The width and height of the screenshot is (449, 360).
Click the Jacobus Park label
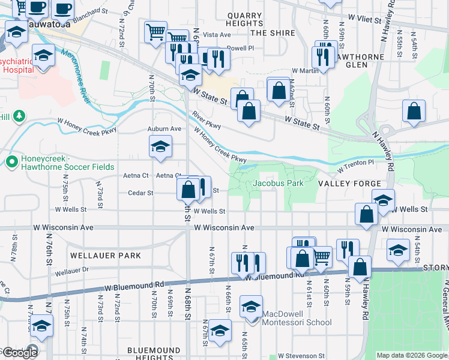278,183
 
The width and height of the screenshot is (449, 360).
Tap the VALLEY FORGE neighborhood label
349,184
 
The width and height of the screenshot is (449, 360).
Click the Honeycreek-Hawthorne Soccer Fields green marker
11,161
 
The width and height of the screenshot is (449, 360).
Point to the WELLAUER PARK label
105,256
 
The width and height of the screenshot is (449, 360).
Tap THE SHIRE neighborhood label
271,33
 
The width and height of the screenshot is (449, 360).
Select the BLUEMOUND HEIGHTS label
154,353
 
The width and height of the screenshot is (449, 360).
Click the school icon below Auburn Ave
160,148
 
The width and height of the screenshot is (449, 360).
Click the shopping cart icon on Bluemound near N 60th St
322,257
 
